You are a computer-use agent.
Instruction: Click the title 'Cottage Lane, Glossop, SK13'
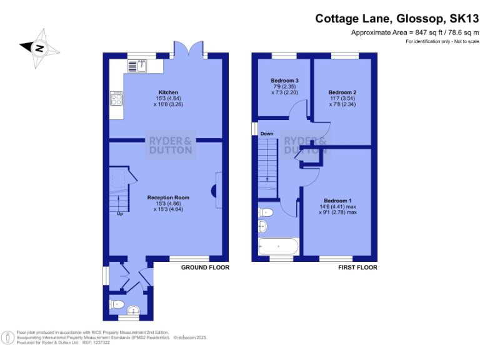[397, 19]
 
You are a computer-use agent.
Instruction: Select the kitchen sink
[137, 65]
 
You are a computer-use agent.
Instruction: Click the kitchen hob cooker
[117, 98]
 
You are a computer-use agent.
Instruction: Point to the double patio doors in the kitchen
[189, 50]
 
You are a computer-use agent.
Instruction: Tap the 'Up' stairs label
[119, 214]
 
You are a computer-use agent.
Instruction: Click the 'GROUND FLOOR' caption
[205, 267]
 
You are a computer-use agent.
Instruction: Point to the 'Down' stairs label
[267, 134]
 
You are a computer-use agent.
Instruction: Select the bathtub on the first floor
[277, 246]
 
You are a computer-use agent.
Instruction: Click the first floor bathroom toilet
[262, 212]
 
